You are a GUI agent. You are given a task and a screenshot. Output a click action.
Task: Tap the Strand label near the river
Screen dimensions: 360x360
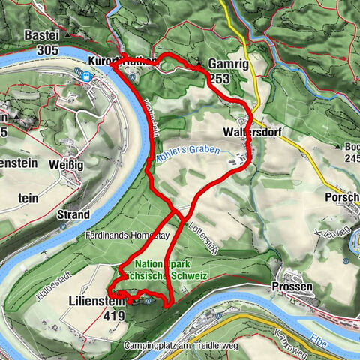click(73, 214)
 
